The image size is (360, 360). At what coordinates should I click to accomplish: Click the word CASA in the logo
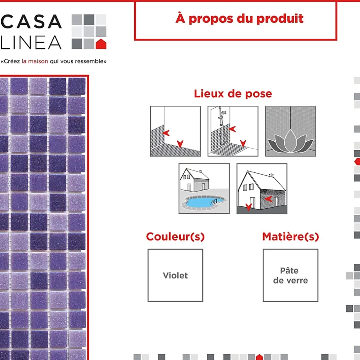pyautogui.click(x=31, y=21)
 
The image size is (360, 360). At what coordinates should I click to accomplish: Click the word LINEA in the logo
pyautogui.click(x=31, y=43)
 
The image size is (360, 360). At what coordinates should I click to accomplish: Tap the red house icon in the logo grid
pyautogui.click(x=101, y=44)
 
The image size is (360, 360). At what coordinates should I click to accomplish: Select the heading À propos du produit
pyautogui.click(x=239, y=19)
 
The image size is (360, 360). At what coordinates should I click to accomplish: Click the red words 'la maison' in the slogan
pyautogui.click(x=35, y=61)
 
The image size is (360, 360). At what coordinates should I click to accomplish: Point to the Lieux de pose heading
pyautogui.click(x=233, y=94)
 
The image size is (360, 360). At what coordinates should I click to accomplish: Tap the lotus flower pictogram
pyautogui.click(x=290, y=131)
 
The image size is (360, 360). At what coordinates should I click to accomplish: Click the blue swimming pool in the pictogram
pyautogui.click(x=203, y=202)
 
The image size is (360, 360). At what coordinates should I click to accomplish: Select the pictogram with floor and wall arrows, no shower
pyautogui.click(x=175, y=131)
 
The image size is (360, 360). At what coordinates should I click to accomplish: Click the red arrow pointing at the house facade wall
pyautogui.click(x=268, y=199)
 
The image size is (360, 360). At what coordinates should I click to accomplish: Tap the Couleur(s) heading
pyautogui.click(x=175, y=237)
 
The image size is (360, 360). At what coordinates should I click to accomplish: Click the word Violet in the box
pyautogui.click(x=175, y=275)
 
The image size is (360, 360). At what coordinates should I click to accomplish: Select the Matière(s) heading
pyautogui.click(x=290, y=237)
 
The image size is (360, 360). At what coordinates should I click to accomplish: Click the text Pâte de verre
pyautogui.click(x=290, y=275)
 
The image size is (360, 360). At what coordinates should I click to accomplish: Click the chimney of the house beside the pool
pyautogui.click(x=200, y=172)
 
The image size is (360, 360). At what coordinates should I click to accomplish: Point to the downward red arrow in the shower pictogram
pyautogui.click(x=243, y=143)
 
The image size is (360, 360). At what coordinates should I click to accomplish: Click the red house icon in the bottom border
pyautogui.click(x=259, y=357)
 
